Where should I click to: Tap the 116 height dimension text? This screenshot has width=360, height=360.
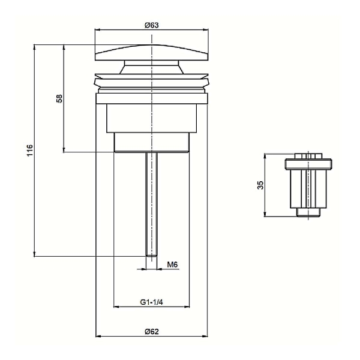[29, 150]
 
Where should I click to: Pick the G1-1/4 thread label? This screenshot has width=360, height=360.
[152, 301]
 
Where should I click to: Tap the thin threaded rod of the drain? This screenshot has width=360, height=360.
[152, 204]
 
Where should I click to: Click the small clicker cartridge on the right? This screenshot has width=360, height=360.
[308, 186]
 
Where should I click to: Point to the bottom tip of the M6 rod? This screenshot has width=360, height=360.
[152, 255]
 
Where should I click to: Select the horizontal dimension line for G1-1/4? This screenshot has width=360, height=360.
[152, 308]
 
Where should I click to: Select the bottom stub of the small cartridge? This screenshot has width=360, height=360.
[308, 213]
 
